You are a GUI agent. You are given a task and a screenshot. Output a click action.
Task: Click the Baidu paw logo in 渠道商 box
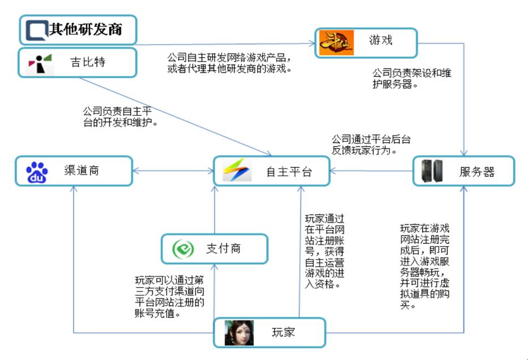pyautogui.click(x=37, y=172)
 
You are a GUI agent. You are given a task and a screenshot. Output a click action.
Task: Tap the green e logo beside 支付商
pyautogui.click(x=183, y=249)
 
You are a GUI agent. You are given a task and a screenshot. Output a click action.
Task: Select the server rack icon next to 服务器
pyautogui.click(x=432, y=171)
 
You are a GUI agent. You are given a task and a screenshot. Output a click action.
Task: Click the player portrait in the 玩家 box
pyautogui.click(x=239, y=333)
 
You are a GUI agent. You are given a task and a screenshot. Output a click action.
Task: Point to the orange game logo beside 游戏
pyautogui.click(x=336, y=42)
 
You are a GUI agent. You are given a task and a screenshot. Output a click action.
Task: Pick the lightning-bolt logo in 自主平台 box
pyautogui.click(x=237, y=170)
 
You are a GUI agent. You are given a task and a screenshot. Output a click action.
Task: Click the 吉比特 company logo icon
pyautogui.click(x=40, y=64)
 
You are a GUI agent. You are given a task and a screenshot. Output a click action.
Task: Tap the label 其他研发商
pyautogui.click(x=85, y=29)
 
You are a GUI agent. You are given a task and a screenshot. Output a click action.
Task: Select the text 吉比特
pyautogui.click(x=88, y=62)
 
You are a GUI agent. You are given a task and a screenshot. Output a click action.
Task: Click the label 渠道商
pyautogui.click(x=82, y=171)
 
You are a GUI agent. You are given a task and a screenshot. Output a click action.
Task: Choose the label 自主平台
pyautogui.click(x=289, y=172)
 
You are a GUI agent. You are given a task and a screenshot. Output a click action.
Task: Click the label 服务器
pyautogui.click(x=477, y=172)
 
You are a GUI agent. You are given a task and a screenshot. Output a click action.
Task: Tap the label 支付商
pyautogui.click(x=224, y=249)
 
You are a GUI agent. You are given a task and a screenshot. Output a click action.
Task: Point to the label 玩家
pyautogui.click(x=283, y=332)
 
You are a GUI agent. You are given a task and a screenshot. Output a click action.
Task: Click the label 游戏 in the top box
pyautogui.click(x=380, y=40)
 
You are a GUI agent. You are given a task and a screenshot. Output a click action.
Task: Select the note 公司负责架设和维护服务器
pyautogui.click(x=412, y=79)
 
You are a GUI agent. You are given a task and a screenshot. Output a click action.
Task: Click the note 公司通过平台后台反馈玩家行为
pyautogui.click(x=371, y=145)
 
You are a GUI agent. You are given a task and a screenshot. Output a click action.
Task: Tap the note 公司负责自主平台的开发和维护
pyautogui.click(x=120, y=116)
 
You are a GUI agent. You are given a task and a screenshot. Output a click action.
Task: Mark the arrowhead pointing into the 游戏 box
pyautogui.click(x=312, y=43)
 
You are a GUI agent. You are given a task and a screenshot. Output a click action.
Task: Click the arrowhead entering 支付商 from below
pyautogui.click(x=214, y=267)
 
